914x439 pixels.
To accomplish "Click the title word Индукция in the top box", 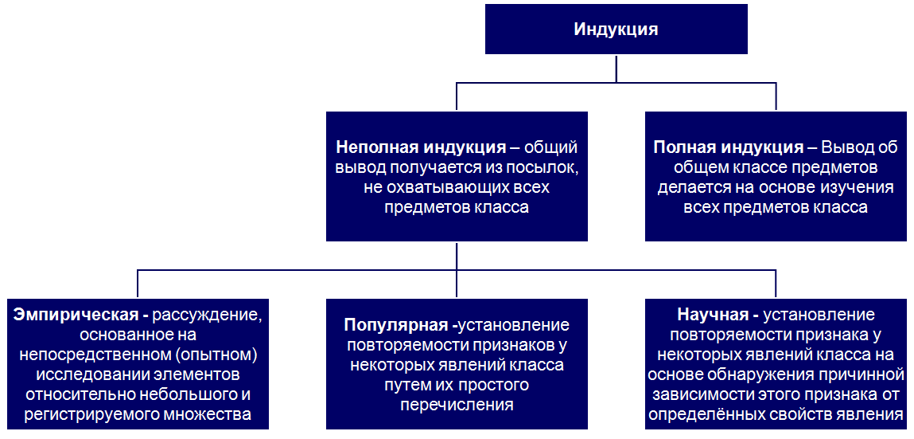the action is coord(616,29).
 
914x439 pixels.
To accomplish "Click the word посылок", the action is coord(550,169).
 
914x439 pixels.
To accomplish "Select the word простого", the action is coord(492,386).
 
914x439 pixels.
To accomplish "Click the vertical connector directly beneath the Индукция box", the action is coord(616,69).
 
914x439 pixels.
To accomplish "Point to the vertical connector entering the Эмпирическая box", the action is coord(138,284).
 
